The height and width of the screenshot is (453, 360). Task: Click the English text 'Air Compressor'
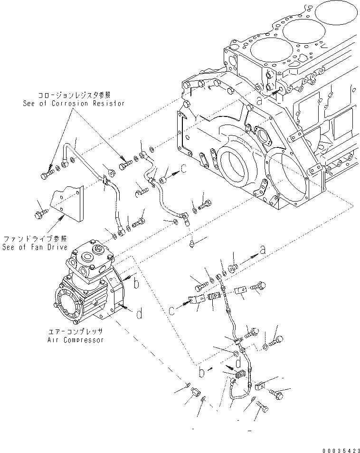click(x=76, y=340)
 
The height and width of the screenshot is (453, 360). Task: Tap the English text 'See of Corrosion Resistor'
click(x=74, y=104)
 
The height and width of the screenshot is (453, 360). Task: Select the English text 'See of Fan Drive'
click(x=35, y=247)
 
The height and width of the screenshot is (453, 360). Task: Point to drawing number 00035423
click(x=341, y=451)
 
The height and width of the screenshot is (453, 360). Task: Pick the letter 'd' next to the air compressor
click(x=140, y=313)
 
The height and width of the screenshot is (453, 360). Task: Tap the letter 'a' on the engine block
click(x=259, y=101)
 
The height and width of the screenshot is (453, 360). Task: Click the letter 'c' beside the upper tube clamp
click(x=184, y=168)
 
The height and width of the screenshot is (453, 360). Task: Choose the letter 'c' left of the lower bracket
click(x=172, y=311)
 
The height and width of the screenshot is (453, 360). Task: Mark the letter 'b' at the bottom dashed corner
click(x=202, y=372)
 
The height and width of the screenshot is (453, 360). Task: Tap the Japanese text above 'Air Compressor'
click(x=76, y=331)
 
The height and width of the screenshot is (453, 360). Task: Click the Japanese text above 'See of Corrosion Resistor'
click(x=75, y=95)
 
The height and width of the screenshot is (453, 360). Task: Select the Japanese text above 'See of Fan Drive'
click(x=35, y=239)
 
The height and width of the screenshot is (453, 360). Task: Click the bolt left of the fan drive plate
click(x=40, y=214)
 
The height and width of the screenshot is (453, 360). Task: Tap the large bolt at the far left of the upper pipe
click(x=47, y=174)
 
